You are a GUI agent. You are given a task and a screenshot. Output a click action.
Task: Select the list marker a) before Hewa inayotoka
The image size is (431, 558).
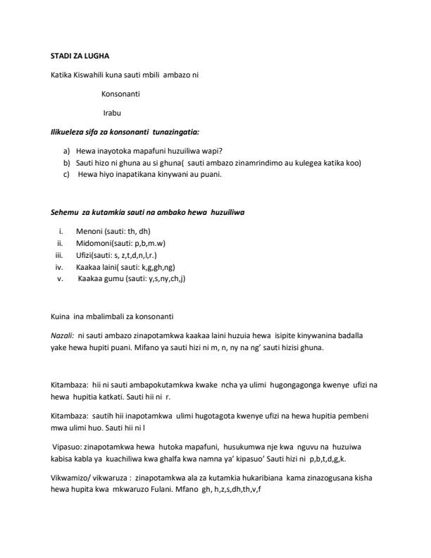(67, 151)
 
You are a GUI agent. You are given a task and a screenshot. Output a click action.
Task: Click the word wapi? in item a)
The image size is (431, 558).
(212, 151)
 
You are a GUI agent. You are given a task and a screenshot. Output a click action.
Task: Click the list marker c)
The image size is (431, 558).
(67, 174)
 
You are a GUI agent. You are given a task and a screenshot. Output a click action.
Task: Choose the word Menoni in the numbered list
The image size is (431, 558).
(90, 231)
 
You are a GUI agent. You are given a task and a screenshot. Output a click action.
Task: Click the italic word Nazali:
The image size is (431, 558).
(62, 336)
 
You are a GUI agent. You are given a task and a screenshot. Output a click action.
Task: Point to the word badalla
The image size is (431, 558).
(356, 336)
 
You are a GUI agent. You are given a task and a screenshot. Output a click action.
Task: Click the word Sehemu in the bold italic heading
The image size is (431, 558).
(64, 212)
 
